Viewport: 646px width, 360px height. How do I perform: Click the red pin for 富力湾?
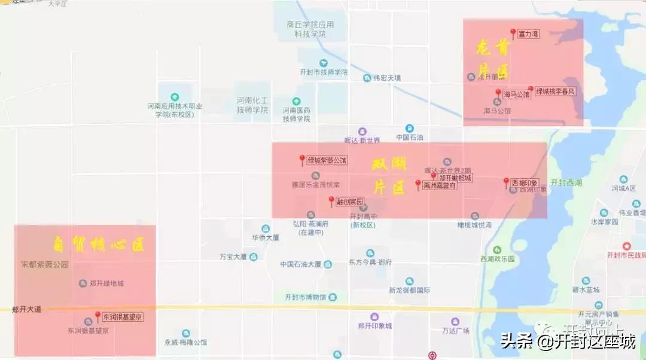(513, 33)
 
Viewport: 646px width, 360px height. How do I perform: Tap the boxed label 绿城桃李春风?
(555, 91)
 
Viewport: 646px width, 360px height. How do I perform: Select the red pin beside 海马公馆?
(498, 93)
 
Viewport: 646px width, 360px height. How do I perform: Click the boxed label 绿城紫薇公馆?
(327, 160)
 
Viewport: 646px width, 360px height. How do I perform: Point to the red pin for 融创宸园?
(331, 201)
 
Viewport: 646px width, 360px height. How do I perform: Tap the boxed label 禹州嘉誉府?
(440, 185)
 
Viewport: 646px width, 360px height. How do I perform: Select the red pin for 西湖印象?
(506, 182)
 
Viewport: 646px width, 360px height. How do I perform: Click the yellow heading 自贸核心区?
(98, 245)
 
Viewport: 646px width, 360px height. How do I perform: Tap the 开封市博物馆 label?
(305, 297)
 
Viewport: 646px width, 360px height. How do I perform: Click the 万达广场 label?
(456, 331)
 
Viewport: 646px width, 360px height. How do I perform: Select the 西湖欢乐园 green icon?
(497, 250)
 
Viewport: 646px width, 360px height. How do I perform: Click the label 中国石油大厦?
(301, 264)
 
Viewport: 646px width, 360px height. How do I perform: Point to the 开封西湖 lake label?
(566, 182)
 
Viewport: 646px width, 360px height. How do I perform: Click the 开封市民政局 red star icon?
(626, 246)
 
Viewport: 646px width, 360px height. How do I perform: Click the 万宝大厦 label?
(233, 257)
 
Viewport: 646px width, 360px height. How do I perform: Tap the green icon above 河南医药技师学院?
(296, 101)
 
